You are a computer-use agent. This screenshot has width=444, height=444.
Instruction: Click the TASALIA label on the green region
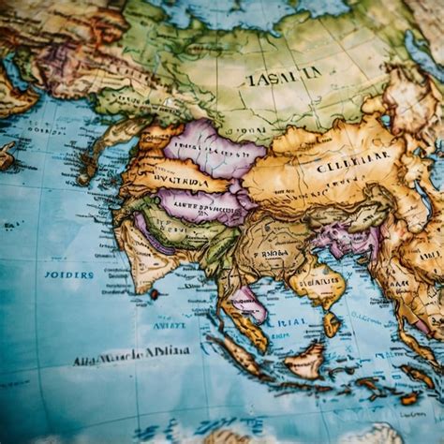coord(283,76)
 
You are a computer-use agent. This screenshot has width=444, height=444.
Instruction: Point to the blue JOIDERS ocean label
coord(68,274)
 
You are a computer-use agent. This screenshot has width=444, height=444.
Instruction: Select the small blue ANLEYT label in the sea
coord(170,325)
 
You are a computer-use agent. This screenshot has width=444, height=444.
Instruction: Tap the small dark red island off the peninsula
coord(154,294)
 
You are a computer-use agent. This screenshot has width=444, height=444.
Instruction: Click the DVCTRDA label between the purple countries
coord(182,177)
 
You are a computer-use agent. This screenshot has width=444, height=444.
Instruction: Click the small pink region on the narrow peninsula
coord(248,302)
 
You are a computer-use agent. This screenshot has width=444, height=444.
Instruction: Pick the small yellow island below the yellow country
coord(331,325)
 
